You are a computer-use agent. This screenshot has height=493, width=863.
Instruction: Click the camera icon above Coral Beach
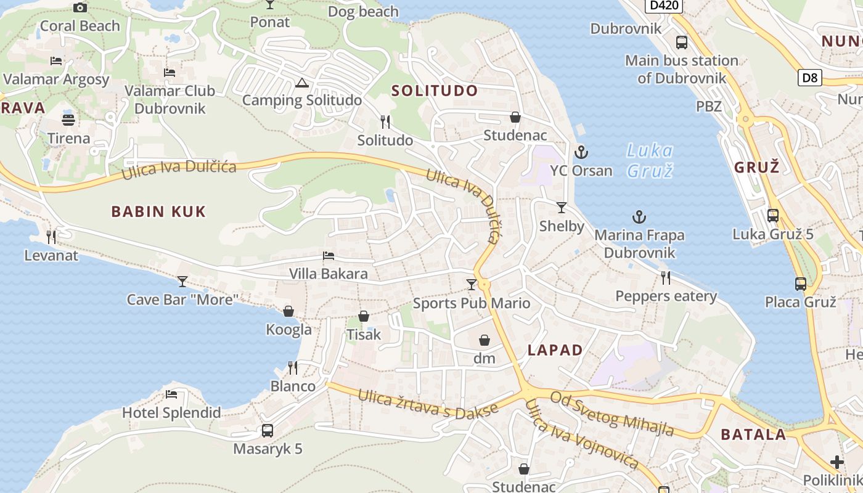click(x=80, y=8)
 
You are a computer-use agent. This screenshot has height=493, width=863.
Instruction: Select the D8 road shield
click(x=811, y=78)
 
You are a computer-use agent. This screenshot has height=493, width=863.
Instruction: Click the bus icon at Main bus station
click(x=681, y=43)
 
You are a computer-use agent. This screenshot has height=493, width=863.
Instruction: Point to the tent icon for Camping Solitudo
click(x=301, y=83)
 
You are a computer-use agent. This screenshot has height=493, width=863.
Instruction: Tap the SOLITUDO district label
click(x=435, y=91)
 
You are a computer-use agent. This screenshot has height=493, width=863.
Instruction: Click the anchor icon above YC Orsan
click(x=580, y=152)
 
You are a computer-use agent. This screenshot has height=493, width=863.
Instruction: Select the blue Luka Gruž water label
click(x=650, y=160)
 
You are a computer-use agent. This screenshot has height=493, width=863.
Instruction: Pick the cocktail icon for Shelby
click(x=561, y=208)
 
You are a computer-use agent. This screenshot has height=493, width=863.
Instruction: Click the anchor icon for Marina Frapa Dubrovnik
click(x=639, y=217)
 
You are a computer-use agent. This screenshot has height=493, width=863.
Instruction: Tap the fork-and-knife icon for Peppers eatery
click(x=666, y=278)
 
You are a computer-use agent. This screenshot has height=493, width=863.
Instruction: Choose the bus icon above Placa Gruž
click(x=800, y=283)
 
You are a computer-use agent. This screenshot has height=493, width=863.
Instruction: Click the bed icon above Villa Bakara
click(x=329, y=256)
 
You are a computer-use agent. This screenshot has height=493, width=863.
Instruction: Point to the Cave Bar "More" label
click(x=182, y=300)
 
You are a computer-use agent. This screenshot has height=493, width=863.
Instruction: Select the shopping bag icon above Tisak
click(x=364, y=316)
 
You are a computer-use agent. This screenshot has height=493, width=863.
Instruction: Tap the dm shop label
click(x=485, y=358)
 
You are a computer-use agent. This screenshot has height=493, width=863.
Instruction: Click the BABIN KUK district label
click(x=158, y=212)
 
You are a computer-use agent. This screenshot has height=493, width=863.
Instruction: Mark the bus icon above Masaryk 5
click(x=268, y=430)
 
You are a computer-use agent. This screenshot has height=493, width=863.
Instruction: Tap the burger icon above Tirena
click(x=68, y=120)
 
